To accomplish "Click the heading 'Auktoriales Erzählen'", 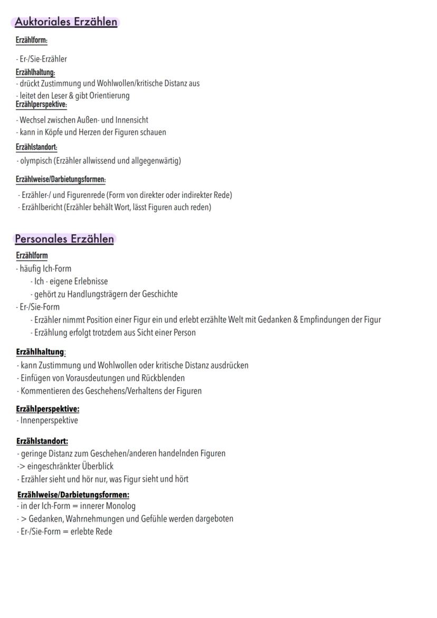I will tap(66, 22).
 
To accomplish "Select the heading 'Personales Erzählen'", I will tap(64, 239).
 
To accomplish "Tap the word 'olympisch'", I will tap(36, 160).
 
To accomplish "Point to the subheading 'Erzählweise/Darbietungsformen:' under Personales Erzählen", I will tap(73, 495).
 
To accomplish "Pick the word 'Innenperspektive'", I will tap(49, 421).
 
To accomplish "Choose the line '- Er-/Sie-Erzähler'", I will tap(41, 59).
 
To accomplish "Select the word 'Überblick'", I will tap(98, 466).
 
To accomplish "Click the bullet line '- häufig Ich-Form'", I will tap(44, 269).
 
